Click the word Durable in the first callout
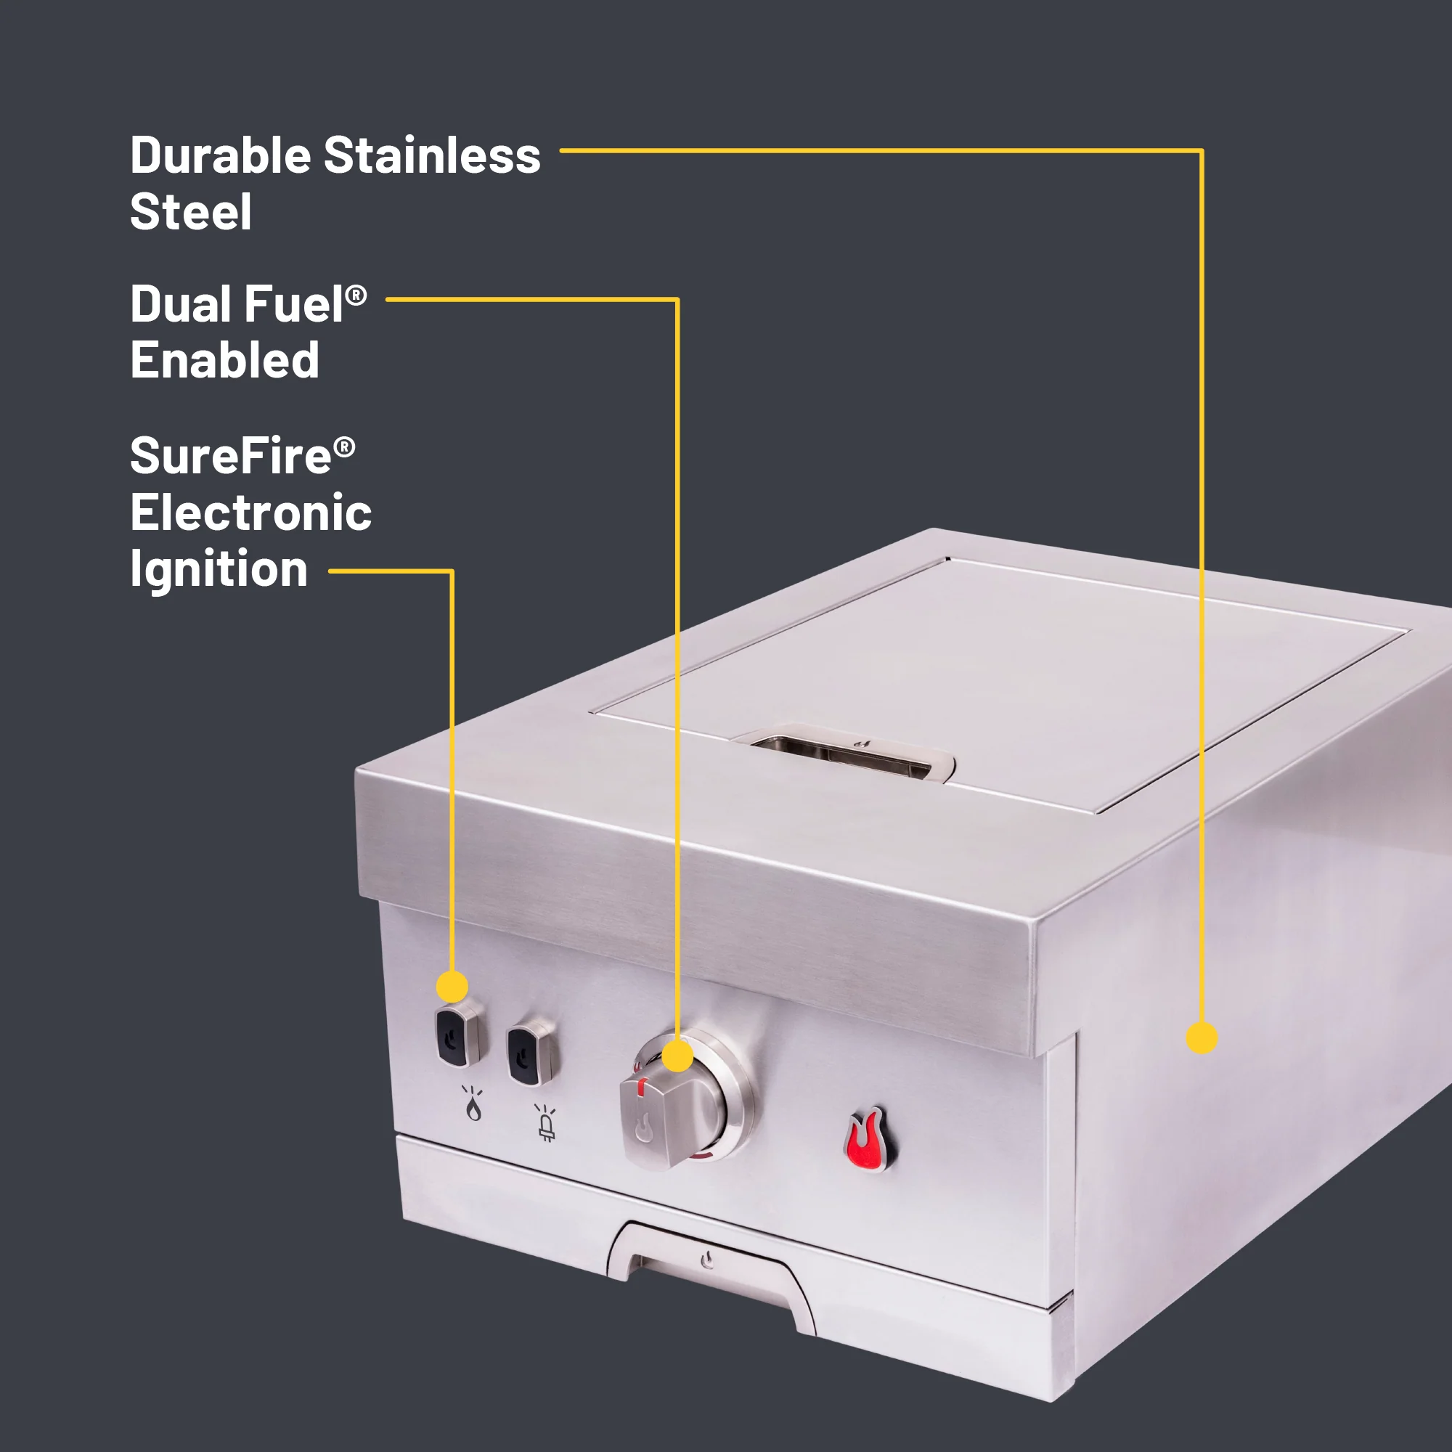(220, 155)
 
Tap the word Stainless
(432, 155)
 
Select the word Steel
(191, 212)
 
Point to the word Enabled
(225, 360)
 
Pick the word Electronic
(251, 513)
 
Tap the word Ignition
(219, 571)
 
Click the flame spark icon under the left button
(473, 1104)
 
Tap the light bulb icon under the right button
(547, 1123)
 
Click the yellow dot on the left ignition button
(452, 986)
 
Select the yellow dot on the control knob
(678, 1056)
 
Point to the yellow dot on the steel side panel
(1202, 1038)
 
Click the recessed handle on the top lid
(849, 754)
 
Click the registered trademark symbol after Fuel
(356, 295)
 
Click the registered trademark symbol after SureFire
(344, 448)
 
